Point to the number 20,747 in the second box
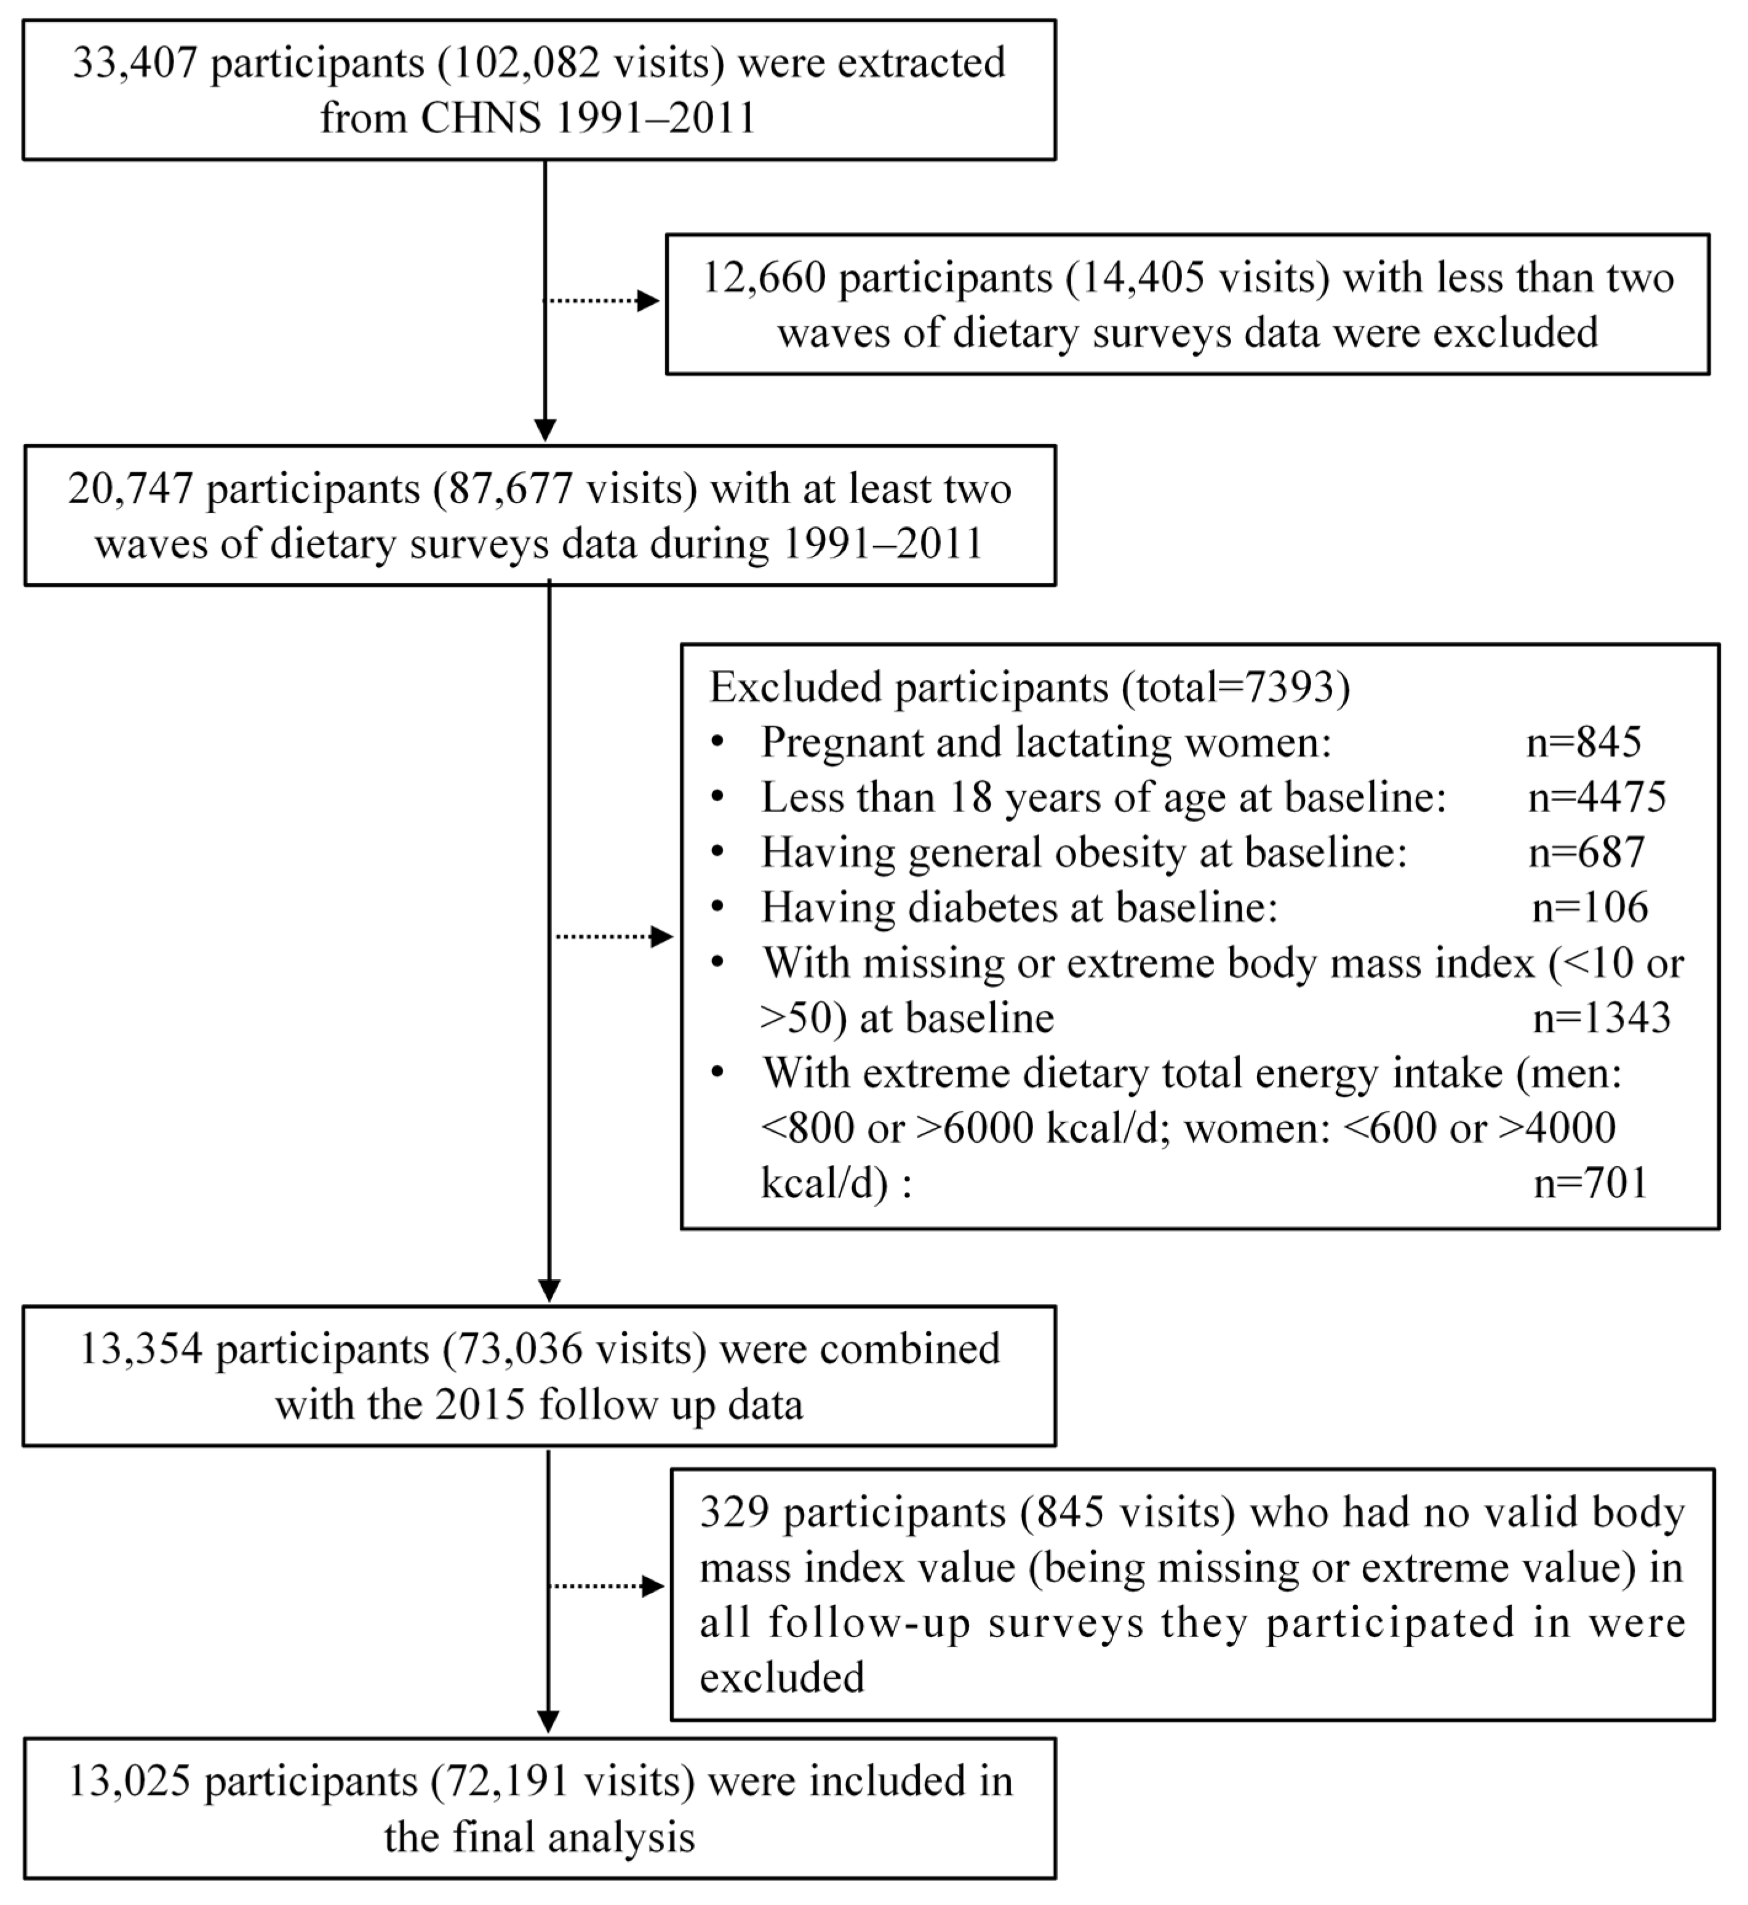(x=130, y=489)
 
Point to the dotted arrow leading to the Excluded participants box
(x=614, y=937)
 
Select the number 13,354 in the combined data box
(x=140, y=1350)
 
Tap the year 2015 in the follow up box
(x=479, y=1404)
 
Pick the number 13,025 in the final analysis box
(x=130, y=1782)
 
